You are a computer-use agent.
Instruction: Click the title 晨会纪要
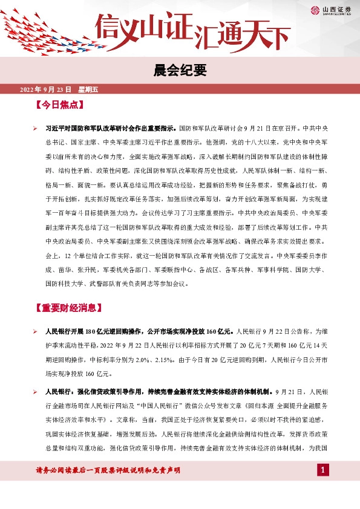[180, 71]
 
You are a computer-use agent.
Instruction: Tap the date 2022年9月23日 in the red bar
[46, 90]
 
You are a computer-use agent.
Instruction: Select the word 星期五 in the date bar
[88, 90]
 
